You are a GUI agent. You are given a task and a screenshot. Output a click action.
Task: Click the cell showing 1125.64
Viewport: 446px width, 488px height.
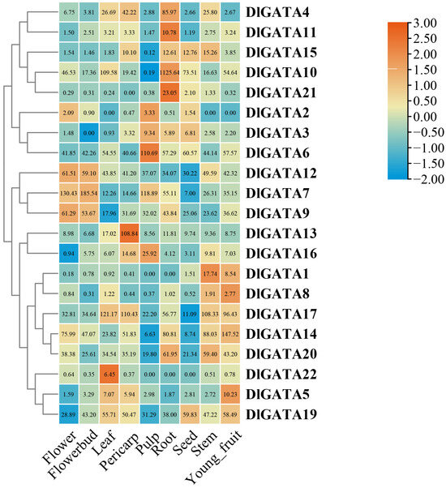click(169, 73)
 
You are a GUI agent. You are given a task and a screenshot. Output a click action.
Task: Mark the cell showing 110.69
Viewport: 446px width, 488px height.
click(147, 152)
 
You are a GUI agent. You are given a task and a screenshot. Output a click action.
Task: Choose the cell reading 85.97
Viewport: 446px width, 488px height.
click(169, 14)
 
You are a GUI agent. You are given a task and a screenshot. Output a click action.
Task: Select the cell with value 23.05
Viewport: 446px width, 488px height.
click(169, 93)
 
